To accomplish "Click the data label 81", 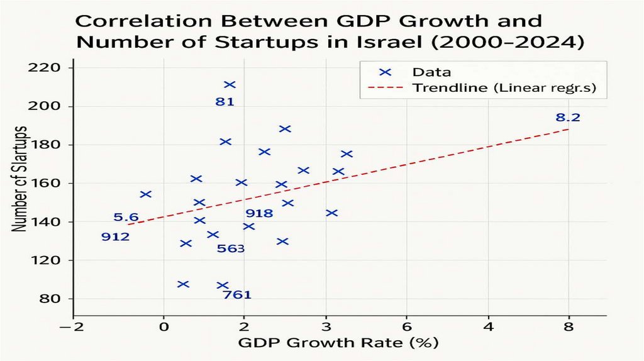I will pyautogui.click(x=225, y=101).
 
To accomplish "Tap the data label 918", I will pyautogui.click(x=259, y=214).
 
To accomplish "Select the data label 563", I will pyautogui.click(x=230, y=248).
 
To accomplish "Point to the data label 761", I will pyautogui.click(x=237, y=294).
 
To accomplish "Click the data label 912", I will pyautogui.click(x=115, y=237).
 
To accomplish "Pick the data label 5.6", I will pyautogui.click(x=126, y=218).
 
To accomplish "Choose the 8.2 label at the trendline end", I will pyautogui.click(x=568, y=118).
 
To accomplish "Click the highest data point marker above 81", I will pyautogui.click(x=230, y=85).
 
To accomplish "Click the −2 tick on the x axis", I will pyautogui.click(x=74, y=327).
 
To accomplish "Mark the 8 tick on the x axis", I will pyautogui.click(x=569, y=327).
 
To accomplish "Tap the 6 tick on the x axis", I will pyautogui.click(x=407, y=327).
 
